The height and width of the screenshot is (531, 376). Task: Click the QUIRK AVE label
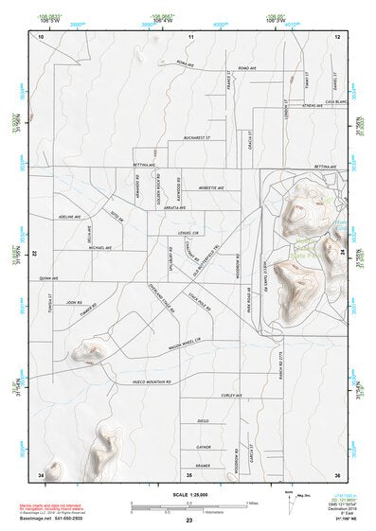click(48, 278)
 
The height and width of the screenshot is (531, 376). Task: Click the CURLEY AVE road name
click(232, 395)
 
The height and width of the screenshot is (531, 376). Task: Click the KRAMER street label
click(203, 466)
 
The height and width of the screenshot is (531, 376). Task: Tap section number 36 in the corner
click(337, 473)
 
